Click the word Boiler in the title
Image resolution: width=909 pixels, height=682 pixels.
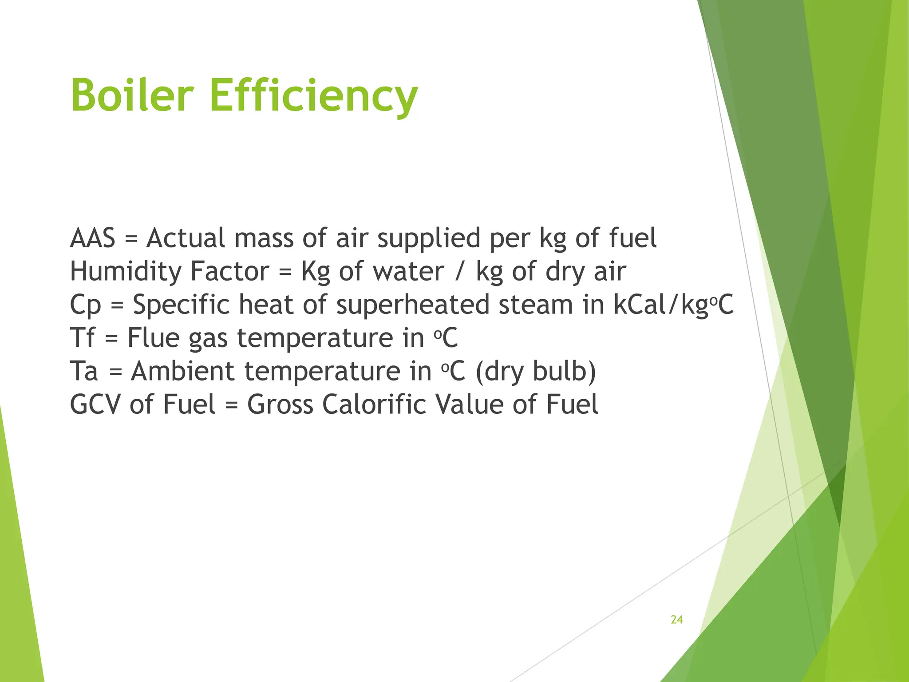point(132,95)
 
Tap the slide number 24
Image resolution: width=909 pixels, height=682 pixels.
point(676,620)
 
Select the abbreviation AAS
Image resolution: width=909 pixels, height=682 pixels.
point(92,238)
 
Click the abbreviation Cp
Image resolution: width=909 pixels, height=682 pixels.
point(85,305)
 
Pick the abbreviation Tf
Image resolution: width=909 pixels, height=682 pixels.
point(83,338)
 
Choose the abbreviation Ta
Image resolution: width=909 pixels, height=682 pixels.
point(84,371)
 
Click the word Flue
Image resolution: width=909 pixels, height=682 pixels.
point(153,338)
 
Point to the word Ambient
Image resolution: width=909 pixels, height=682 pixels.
point(182,371)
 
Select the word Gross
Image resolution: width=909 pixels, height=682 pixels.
point(280,404)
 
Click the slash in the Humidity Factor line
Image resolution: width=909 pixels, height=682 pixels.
point(459,271)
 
